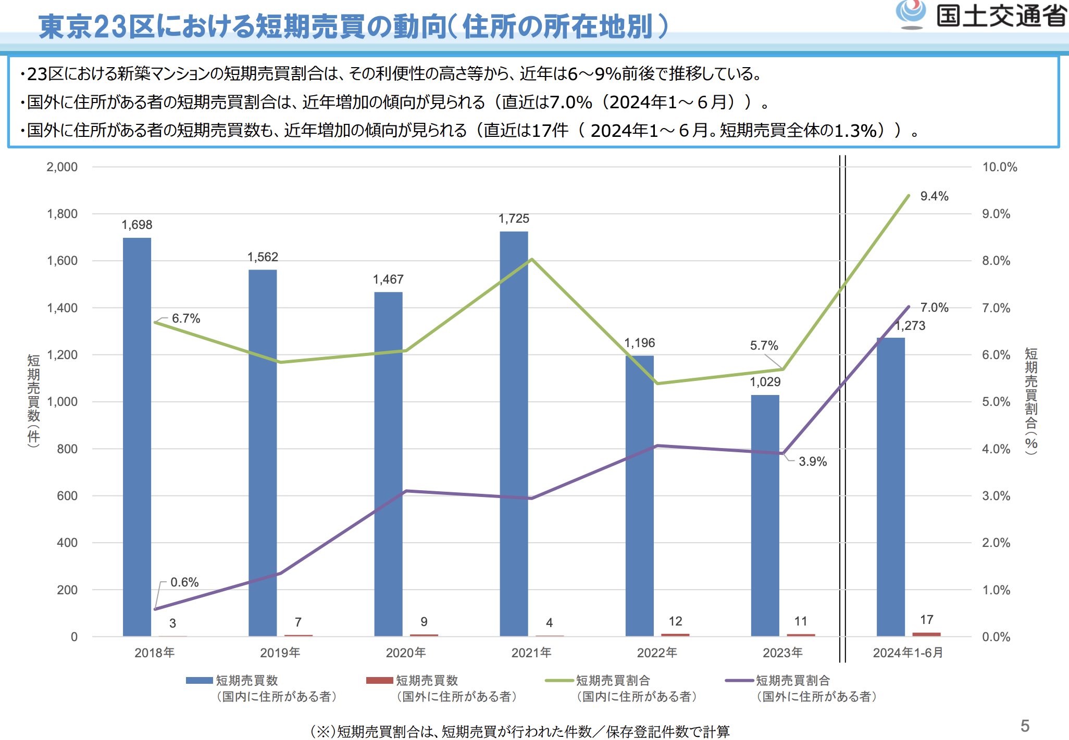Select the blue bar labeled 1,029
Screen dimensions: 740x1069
tap(765, 515)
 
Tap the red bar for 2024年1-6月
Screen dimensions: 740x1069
tap(926, 634)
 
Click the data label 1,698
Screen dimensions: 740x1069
tap(137, 225)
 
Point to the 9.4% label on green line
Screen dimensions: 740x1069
tap(934, 196)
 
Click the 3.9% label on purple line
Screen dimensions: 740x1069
tap(813, 462)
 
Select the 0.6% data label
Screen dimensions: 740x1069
tap(184, 582)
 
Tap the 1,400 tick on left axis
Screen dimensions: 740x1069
tap(62, 308)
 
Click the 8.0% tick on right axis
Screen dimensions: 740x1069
tap(996, 261)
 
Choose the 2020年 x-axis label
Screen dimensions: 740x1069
tap(406, 653)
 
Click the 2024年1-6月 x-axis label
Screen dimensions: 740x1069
tap(908, 653)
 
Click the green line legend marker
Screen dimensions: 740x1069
tap(559, 680)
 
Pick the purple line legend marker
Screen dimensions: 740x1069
tap(739, 680)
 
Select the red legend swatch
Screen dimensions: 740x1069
tap(379, 680)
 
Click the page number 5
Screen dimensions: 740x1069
tap(1025, 726)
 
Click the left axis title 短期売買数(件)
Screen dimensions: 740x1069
tap(33, 401)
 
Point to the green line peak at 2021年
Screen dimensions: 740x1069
tap(531, 259)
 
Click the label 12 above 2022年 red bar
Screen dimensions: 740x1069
tap(675, 621)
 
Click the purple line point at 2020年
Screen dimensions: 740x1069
tap(406, 491)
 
